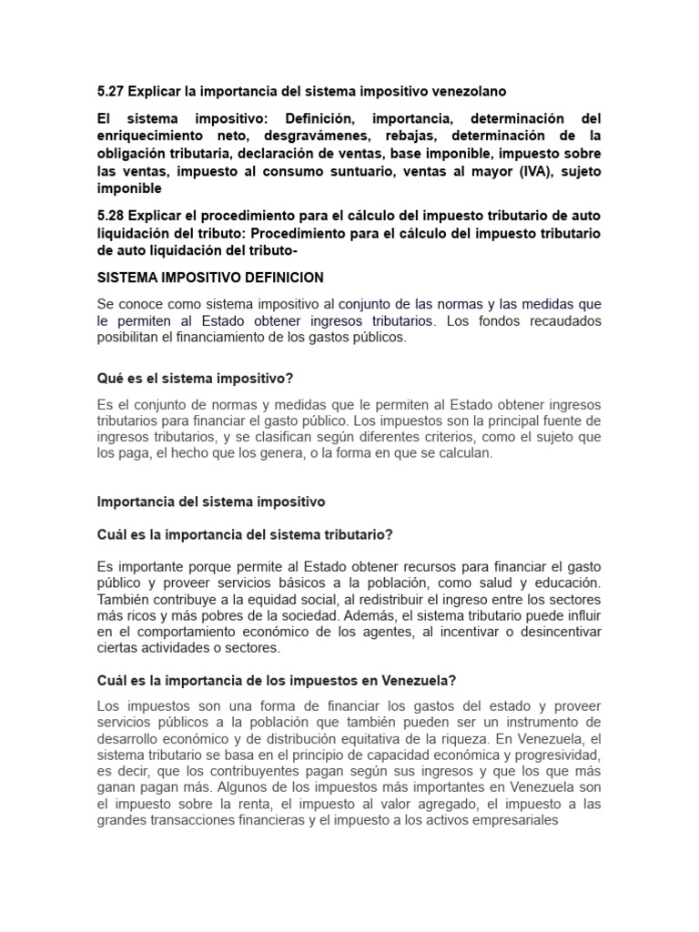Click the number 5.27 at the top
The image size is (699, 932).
[x=110, y=91]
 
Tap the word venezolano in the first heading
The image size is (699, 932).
[x=466, y=91]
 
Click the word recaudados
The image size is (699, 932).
[x=561, y=320]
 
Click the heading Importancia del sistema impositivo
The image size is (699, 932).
[x=210, y=501]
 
